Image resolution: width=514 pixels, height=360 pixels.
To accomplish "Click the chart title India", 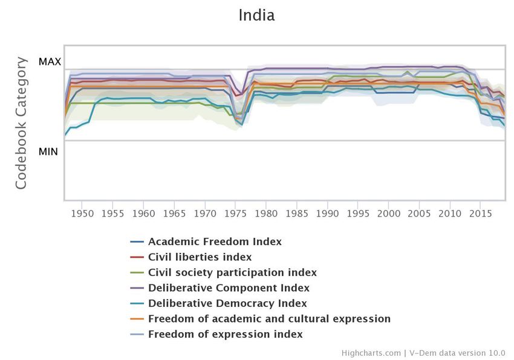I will pyautogui.click(x=256, y=15).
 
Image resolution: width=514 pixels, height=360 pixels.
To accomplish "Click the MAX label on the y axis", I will pyautogui.click(x=50, y=62).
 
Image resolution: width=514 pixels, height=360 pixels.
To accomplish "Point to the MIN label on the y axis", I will pyautogui.click(x=48, y=151).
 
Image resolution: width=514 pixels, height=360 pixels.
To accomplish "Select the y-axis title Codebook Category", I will pyautogui.click(x=21, y=123).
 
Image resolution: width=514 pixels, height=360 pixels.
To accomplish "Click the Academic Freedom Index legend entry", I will pyautogui.click(x=215, y=242).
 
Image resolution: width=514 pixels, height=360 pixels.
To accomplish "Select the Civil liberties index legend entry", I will pyautogui.click(x=200, y=257).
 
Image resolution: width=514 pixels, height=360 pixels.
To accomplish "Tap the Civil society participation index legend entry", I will pyautogui.click(x=232, y=273).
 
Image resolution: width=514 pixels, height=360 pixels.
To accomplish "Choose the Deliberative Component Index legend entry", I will pyautogui.click(x=229, y=288).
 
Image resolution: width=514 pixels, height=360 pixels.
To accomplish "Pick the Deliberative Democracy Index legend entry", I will pyautogui.click(x=227, y=304).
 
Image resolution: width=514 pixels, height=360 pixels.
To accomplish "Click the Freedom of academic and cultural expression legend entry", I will pyautogui.click(x=269, y=319).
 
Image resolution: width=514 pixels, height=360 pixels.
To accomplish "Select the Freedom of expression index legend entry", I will pyautogui.click(x=225, y=335).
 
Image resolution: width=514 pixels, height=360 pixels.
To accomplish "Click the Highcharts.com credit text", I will pyautogui.click(x=371, y=353).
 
